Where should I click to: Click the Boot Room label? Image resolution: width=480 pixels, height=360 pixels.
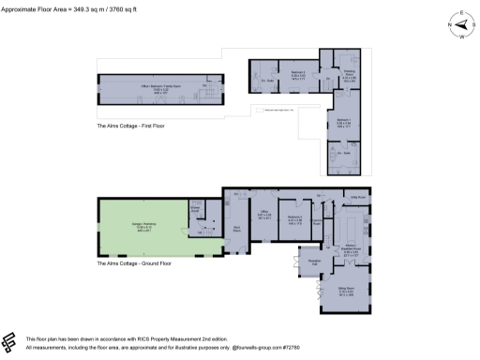click(236, 228)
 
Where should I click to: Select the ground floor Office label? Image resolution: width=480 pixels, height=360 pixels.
click(265, 215)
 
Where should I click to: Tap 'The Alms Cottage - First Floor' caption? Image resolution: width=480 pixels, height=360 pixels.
click(130, 125)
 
